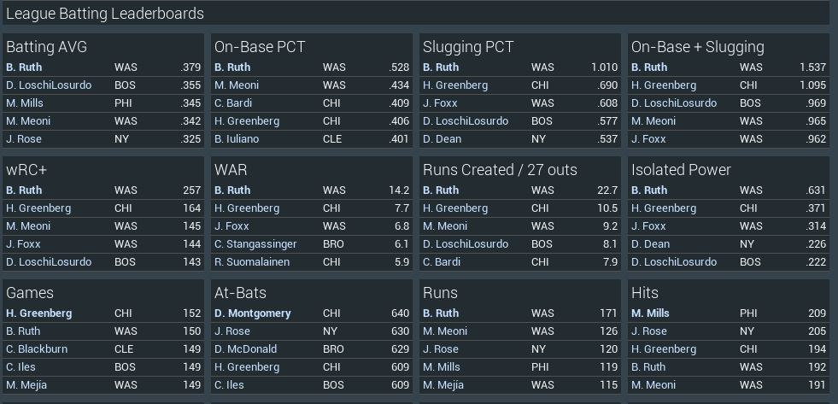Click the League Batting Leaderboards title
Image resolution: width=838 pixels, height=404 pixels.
click(105, 14)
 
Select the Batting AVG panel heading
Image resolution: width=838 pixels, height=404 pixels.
click(46, 47)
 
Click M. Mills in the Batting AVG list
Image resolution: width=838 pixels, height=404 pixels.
click(26, 102)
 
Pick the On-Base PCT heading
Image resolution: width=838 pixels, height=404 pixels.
click(260, 47)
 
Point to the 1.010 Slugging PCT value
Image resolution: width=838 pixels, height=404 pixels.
click(604, 67)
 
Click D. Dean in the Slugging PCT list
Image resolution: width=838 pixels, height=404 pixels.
click(442, 138)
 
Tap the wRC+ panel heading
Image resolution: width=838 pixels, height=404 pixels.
click(26, 170)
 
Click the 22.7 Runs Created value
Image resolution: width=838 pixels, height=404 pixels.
click(607, 190)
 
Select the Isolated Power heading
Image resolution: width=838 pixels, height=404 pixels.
click(681, 170)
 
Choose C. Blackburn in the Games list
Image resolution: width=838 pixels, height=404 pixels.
click(37, 348)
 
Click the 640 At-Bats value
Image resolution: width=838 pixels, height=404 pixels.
click(400, 313)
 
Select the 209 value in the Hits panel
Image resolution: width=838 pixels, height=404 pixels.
click(817, 313)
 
